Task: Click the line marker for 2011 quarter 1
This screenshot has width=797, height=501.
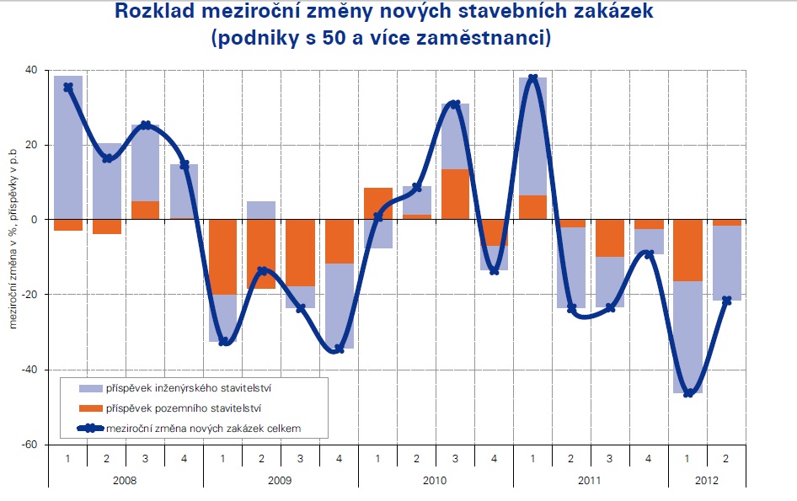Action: pyautogui.click(x=532, y=78)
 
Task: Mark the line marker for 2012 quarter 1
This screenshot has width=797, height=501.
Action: pyautogui.click(x=687, y=392)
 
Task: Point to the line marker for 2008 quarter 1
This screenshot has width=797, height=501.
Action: pyautogui.click(x=68, y=87)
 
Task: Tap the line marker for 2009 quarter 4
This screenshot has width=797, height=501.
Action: pyautogui.click(x=340, y=349)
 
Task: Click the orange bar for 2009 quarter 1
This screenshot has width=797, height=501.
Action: pyautogui.click(x=223, y=257)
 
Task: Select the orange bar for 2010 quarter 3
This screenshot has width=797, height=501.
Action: pyautogui.click(x=455, y=194)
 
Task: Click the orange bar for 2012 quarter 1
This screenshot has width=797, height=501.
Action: pyautogui.click(x=687, y=250)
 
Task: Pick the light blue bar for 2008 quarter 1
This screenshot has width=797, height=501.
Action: pyautogui.click(x=68, y=147)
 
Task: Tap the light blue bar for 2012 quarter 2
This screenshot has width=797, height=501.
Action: pyautogui.click(x=726, y=263)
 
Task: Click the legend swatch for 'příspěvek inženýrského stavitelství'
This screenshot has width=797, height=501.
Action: pyautogui.click(x=88, y=388)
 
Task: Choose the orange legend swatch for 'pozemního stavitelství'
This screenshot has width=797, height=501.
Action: pyautogui.click(x=88, y=409)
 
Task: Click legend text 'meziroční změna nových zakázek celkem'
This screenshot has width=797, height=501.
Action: pyautogui.click(x=205, y=429)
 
